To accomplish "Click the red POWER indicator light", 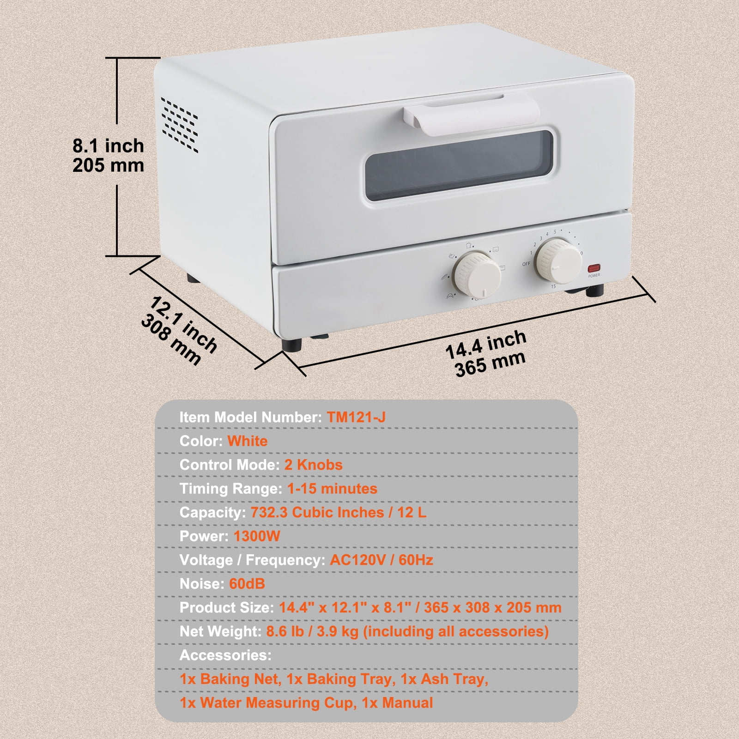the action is pyautogui.click(x=594, y=268).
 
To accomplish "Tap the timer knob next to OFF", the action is pyautogui.click(x=558, y=260).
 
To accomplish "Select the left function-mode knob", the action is pyautogui.click(x=478, y=274).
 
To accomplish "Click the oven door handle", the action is pyautogui.click(x=471, y=113).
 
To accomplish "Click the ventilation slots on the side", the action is pyautogui.click(x=179, y=124).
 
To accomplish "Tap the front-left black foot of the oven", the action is pyautogui.click(x=292, y=345).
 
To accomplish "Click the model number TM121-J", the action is pyautogui.click(x=356, y=417).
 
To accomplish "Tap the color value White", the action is pyautogui.click(x=248, y=441).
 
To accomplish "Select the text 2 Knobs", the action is pyautogui.click(x=314, y=465).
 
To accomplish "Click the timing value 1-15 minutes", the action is pyautogui.click(x=333, y=489).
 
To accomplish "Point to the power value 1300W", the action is pyautogui.click(x=257, y=536).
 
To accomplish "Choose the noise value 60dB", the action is pyautogui.click(x=247, y=584).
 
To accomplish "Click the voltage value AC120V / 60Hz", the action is pyautogui.click(x=382, y=560).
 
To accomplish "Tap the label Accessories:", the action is pyautogui.click(x=225, y=655).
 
